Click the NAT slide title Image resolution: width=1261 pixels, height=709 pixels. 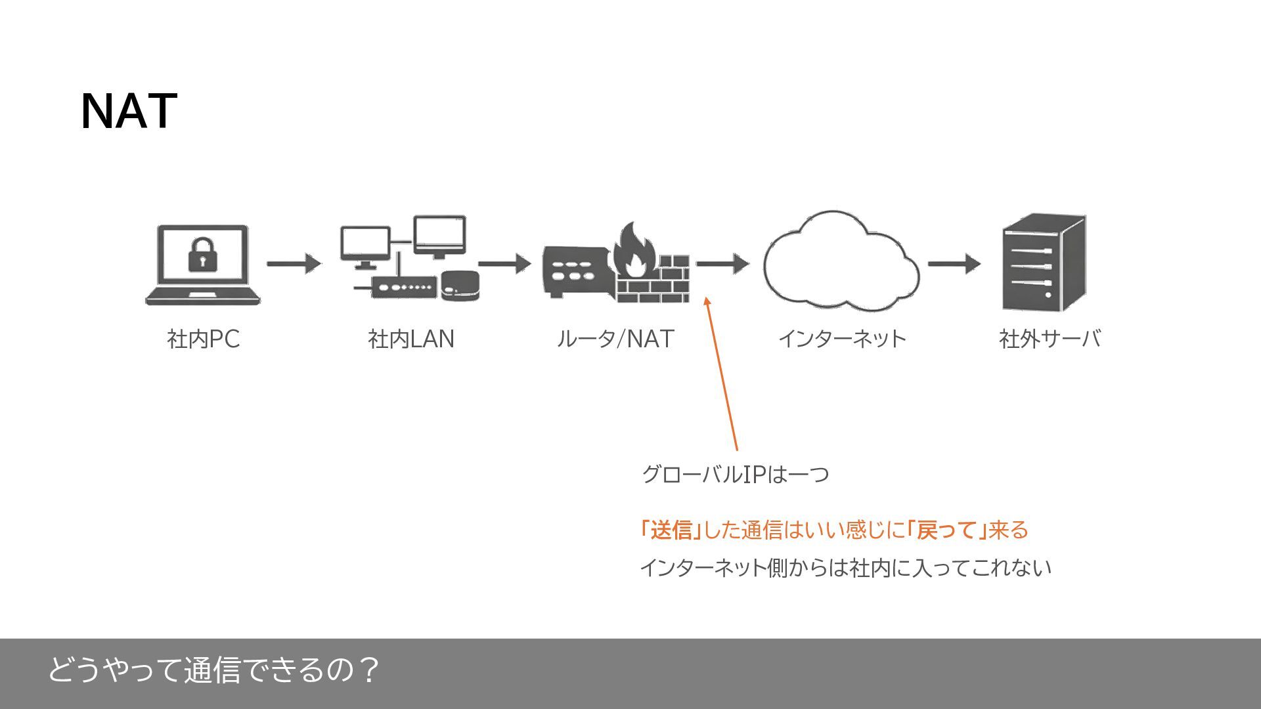[129, 111]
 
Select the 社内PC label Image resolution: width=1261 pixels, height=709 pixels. [203, 339]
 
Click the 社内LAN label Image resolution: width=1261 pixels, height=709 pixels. [411, 339]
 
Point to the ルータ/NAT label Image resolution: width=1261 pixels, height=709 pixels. [615, 339]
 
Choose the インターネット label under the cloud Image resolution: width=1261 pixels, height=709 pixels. [842, 339]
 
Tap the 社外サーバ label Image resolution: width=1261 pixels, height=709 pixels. [1050, 339]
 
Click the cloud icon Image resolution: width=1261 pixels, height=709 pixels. [841, 263]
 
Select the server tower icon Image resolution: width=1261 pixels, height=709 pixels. [1044, 263]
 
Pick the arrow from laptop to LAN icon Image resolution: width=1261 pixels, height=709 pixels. [294, 264]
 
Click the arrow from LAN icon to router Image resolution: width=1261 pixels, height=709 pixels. [504, 264]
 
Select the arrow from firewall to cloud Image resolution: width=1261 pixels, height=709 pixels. [722, 264]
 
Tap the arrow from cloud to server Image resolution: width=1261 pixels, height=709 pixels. [954, 264]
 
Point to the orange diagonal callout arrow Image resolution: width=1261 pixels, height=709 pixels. [721, 374]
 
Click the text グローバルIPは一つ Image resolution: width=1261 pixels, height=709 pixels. [735, 474]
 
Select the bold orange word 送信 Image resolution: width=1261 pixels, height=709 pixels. [671, 530]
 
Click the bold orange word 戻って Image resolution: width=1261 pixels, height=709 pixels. [948, 530]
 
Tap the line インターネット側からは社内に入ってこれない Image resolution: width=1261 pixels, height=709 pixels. [845, 568]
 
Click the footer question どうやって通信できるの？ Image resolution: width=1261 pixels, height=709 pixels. [213, 670]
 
